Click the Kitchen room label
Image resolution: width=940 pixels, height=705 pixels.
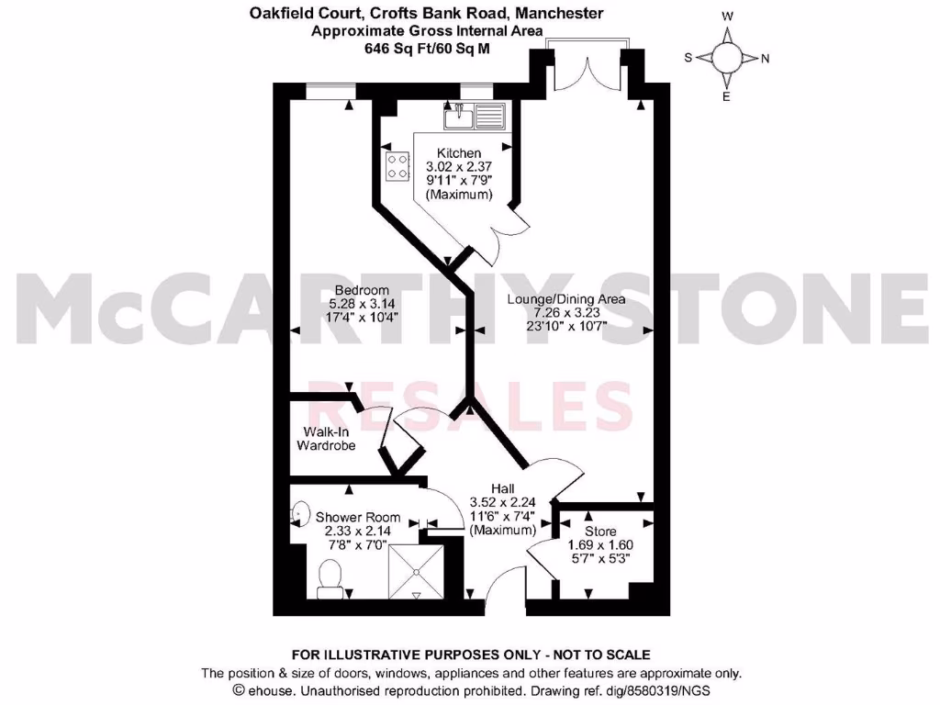click(459, 153)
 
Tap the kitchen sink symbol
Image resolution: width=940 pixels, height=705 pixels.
click(475, 117)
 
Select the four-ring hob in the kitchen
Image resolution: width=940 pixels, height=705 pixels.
click(398, 166)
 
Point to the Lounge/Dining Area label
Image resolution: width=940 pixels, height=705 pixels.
click(566, 299)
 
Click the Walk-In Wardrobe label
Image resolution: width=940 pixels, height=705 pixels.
click(325, 439)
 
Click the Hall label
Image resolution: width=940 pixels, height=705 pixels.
click(502, 488)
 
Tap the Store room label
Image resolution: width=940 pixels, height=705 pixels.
click(601, 532)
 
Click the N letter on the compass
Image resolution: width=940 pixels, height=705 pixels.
click(766, 58)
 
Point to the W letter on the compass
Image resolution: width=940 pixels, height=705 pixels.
click(726, 17)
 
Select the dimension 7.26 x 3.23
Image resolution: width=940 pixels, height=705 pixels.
click(566, 313)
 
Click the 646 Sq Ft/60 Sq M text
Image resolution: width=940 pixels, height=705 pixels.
click(428, 48)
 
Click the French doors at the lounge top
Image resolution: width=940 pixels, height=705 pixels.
click(588, 64)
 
